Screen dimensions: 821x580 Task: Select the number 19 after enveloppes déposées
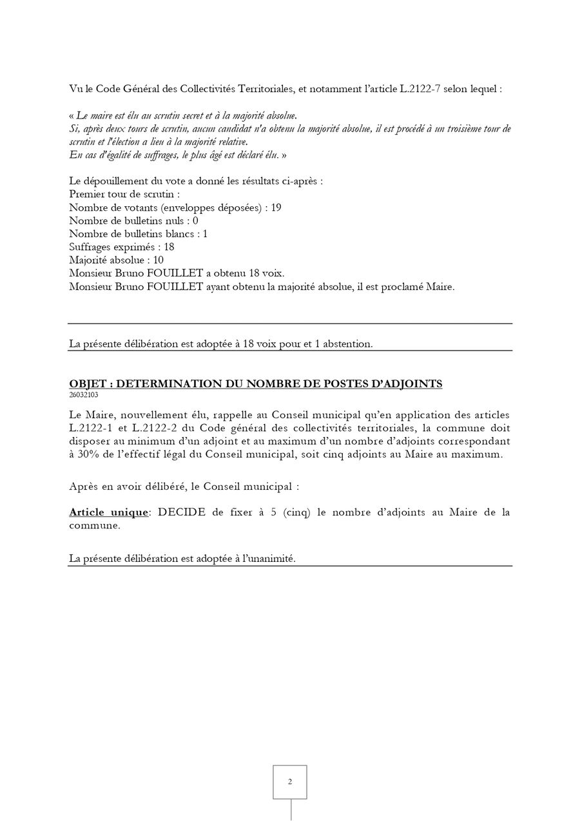click(276, 208)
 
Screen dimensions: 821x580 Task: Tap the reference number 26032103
click(84, 395)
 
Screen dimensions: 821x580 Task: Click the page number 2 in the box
click(290, 782)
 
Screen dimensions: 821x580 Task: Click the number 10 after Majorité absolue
click(157, 260)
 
